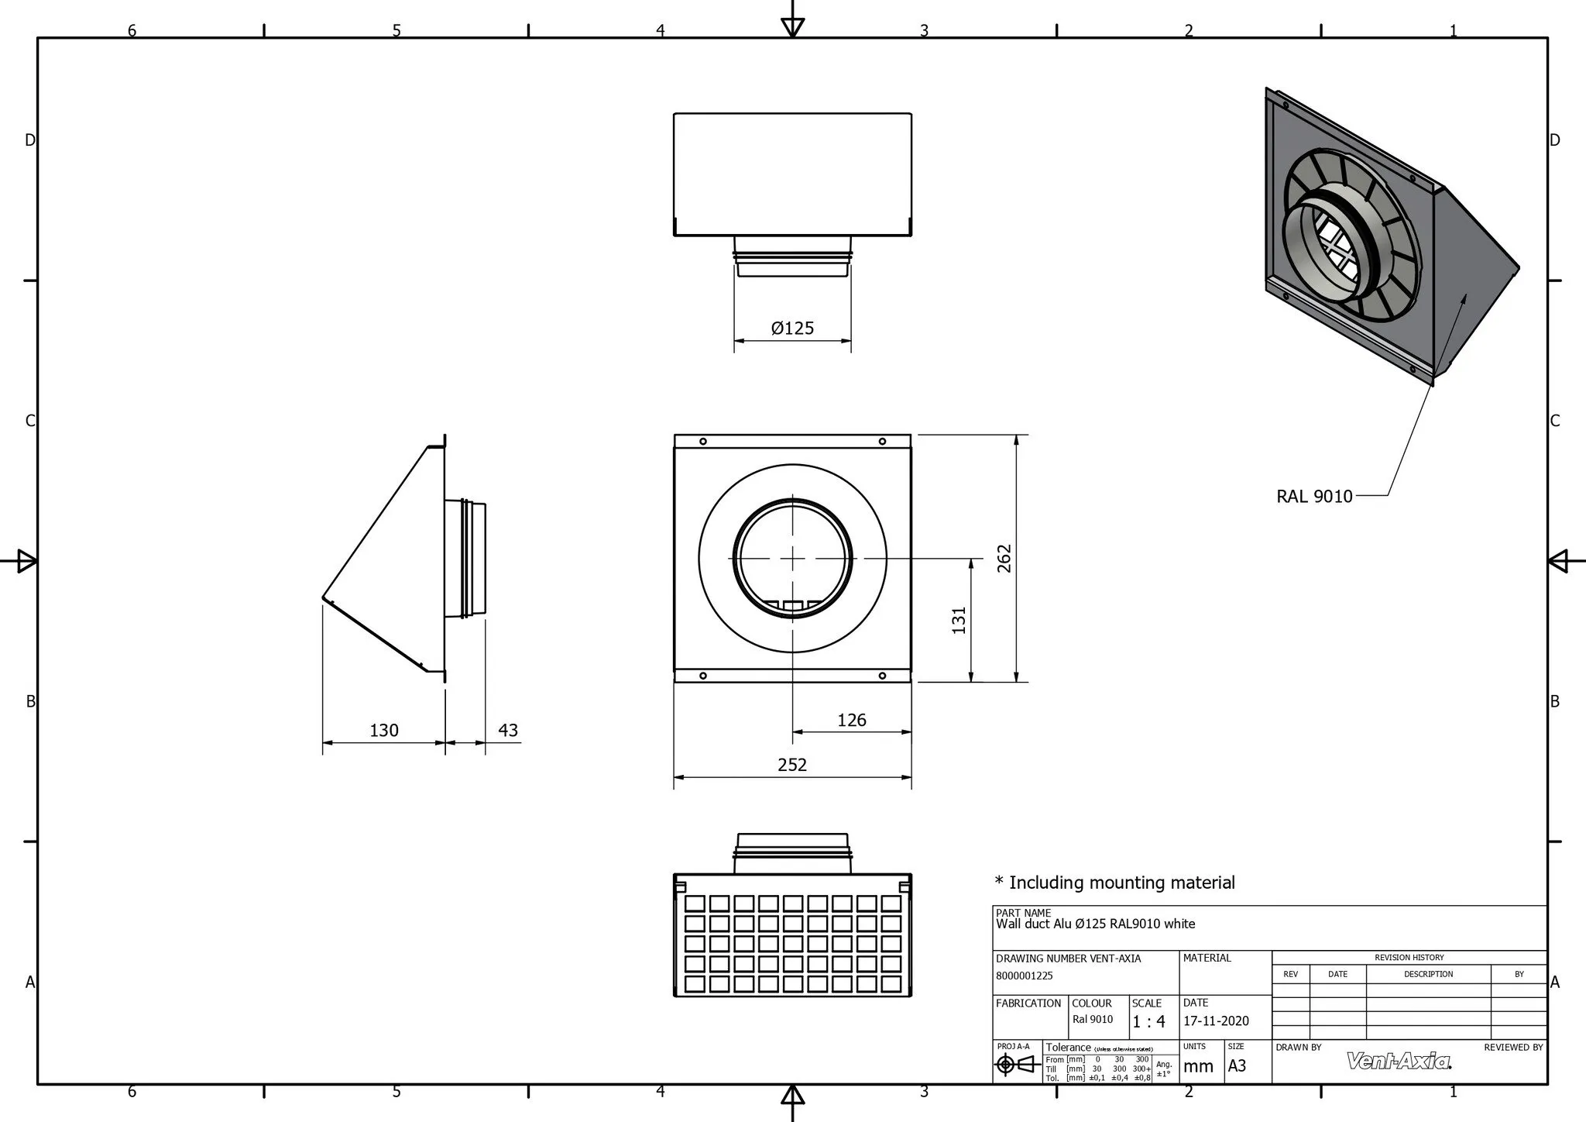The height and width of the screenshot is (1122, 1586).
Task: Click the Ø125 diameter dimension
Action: pyautogui.click(x=792, y=328)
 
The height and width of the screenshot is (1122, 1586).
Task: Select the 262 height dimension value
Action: pyautogui.click(x=1004, y=559)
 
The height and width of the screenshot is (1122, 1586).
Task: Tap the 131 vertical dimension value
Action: pyautogui.click(x=959, y=620)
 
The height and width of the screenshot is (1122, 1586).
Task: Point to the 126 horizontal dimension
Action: pyautogui.click(x=851, y=720)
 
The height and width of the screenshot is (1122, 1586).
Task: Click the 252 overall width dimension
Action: pyautogui.click(x=792, y=765)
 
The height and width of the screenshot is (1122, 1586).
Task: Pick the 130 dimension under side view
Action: pyautogui.click(x=384, y=730)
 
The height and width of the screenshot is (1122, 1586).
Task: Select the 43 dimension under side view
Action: pyautogui.click(x=508, y=730)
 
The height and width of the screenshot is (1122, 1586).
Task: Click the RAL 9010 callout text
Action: pyautogui.click(x=1314, y=496)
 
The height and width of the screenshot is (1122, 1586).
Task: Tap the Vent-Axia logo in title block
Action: pyautogui.click(x=1399, y=1061)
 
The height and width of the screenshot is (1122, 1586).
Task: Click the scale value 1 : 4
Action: pyautogui.click(x=1148, y=1022)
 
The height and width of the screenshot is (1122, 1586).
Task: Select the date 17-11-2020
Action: pyautogui.click(x=1216, y=1021)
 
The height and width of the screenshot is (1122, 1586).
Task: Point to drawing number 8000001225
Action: pyautogui.click(x=1025, y=976)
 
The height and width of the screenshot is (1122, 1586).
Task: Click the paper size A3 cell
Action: pyautogui.click(x=1238, y=1065)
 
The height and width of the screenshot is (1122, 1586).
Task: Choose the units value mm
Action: pyautogui.click(x=1198, y=1066)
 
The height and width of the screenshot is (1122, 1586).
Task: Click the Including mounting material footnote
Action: pyautogui.click(x=1115, y=882)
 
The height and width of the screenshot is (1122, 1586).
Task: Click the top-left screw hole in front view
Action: pyautogui.click(x=703, y=442)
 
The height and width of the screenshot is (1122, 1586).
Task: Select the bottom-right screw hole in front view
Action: pyautogui.click(x=882, y=676)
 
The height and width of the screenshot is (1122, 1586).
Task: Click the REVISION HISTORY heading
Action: pyautogui.click(x=1409, y=957)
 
